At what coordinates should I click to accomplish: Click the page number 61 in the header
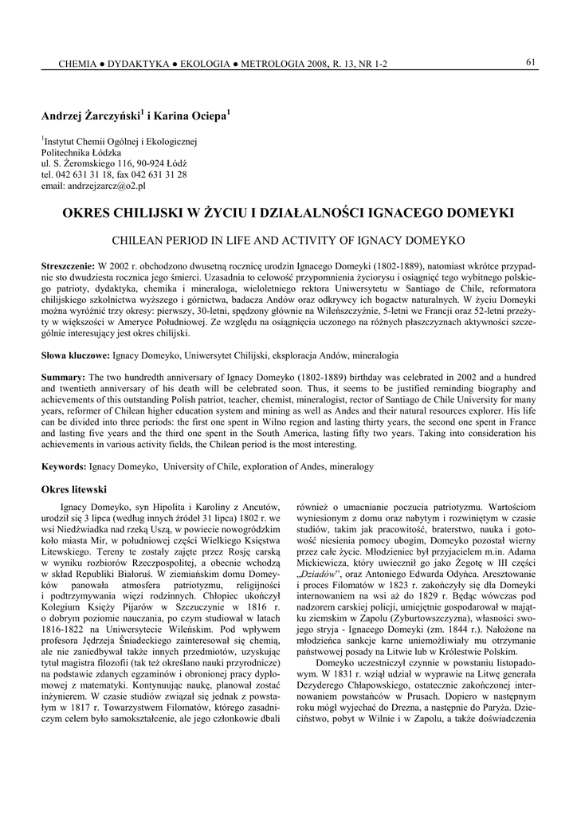pyautogui.click(x=529, y=63)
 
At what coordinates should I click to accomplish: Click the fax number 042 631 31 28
pyautogui.click(x=161, y=175)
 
